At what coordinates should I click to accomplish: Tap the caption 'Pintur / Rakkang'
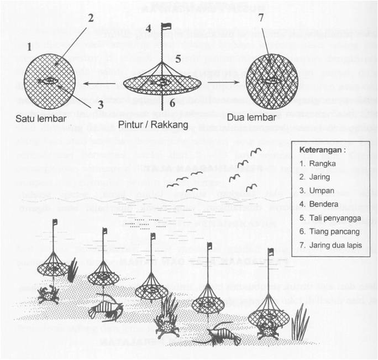pyautogui.click(x=153, y=124)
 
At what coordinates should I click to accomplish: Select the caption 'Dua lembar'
pyautogui.click(x=249, y=118)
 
